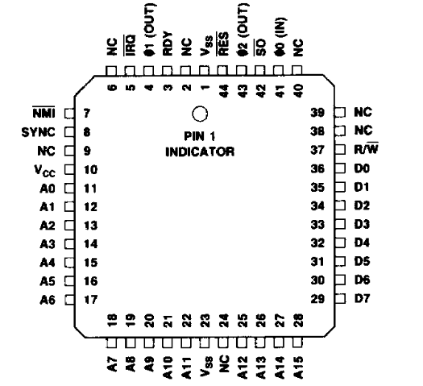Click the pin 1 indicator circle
point(200,114)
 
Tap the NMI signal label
point(44,113)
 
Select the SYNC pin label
point(39,132)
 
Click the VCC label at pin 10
point(45,171)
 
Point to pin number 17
point(90,300)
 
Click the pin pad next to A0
point(69,188)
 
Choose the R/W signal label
point(366,148)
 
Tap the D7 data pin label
point(362,299)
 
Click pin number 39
point(317,113)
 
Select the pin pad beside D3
point(340,224)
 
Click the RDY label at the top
point(168,44)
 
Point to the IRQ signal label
point(130,45)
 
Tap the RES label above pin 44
point(223,44)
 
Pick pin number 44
point(224,90)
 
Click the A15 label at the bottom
point(297,367)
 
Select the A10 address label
point(168,367)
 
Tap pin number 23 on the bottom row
point(205,321)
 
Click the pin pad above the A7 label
point(112,342)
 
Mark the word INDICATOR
point(200,151)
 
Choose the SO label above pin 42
point(260,48)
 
